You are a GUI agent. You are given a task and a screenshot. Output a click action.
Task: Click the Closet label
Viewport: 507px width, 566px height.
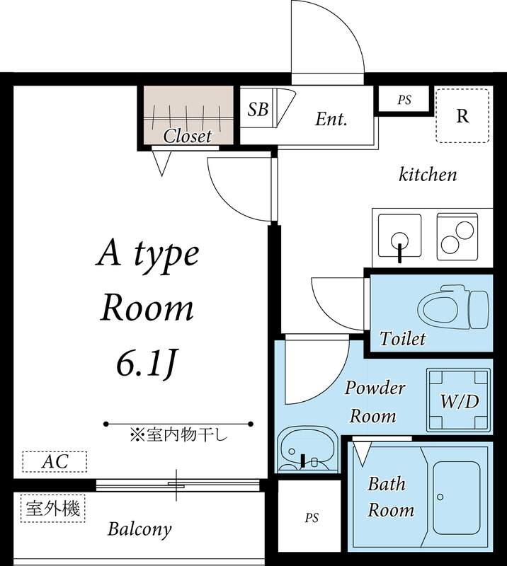click(x=188, y=136)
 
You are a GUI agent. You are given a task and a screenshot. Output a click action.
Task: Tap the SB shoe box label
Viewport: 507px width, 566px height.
click(x=258, y=110)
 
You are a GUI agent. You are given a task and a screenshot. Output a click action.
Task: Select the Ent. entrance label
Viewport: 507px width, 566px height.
click(x=331, y=119)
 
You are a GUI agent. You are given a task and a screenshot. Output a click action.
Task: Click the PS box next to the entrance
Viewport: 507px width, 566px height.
click(x=404, y=100)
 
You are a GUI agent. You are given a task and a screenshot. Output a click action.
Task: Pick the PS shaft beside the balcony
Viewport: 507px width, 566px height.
click(x=312, y=518)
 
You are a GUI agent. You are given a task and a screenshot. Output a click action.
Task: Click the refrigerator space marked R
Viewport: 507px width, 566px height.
click(x=462, y=116)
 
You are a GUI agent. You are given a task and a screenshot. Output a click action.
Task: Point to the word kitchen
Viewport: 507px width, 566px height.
click(x=428, y=174)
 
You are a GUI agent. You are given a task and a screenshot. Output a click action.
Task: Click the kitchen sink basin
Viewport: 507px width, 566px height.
click(x=400, y=235)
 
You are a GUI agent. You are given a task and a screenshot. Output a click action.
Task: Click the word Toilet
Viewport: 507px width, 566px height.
click(x=402, y=338)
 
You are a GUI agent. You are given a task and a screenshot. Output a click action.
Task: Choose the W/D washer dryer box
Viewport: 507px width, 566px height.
click(x=460, y=401)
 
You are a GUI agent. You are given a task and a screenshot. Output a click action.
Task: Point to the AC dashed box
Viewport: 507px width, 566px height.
click(x=55, y=462)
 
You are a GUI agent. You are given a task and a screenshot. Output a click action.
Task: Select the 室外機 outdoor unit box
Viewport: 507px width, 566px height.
click(x=52, y=508)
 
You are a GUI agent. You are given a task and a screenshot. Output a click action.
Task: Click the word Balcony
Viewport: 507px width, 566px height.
click(x=139, y=529)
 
